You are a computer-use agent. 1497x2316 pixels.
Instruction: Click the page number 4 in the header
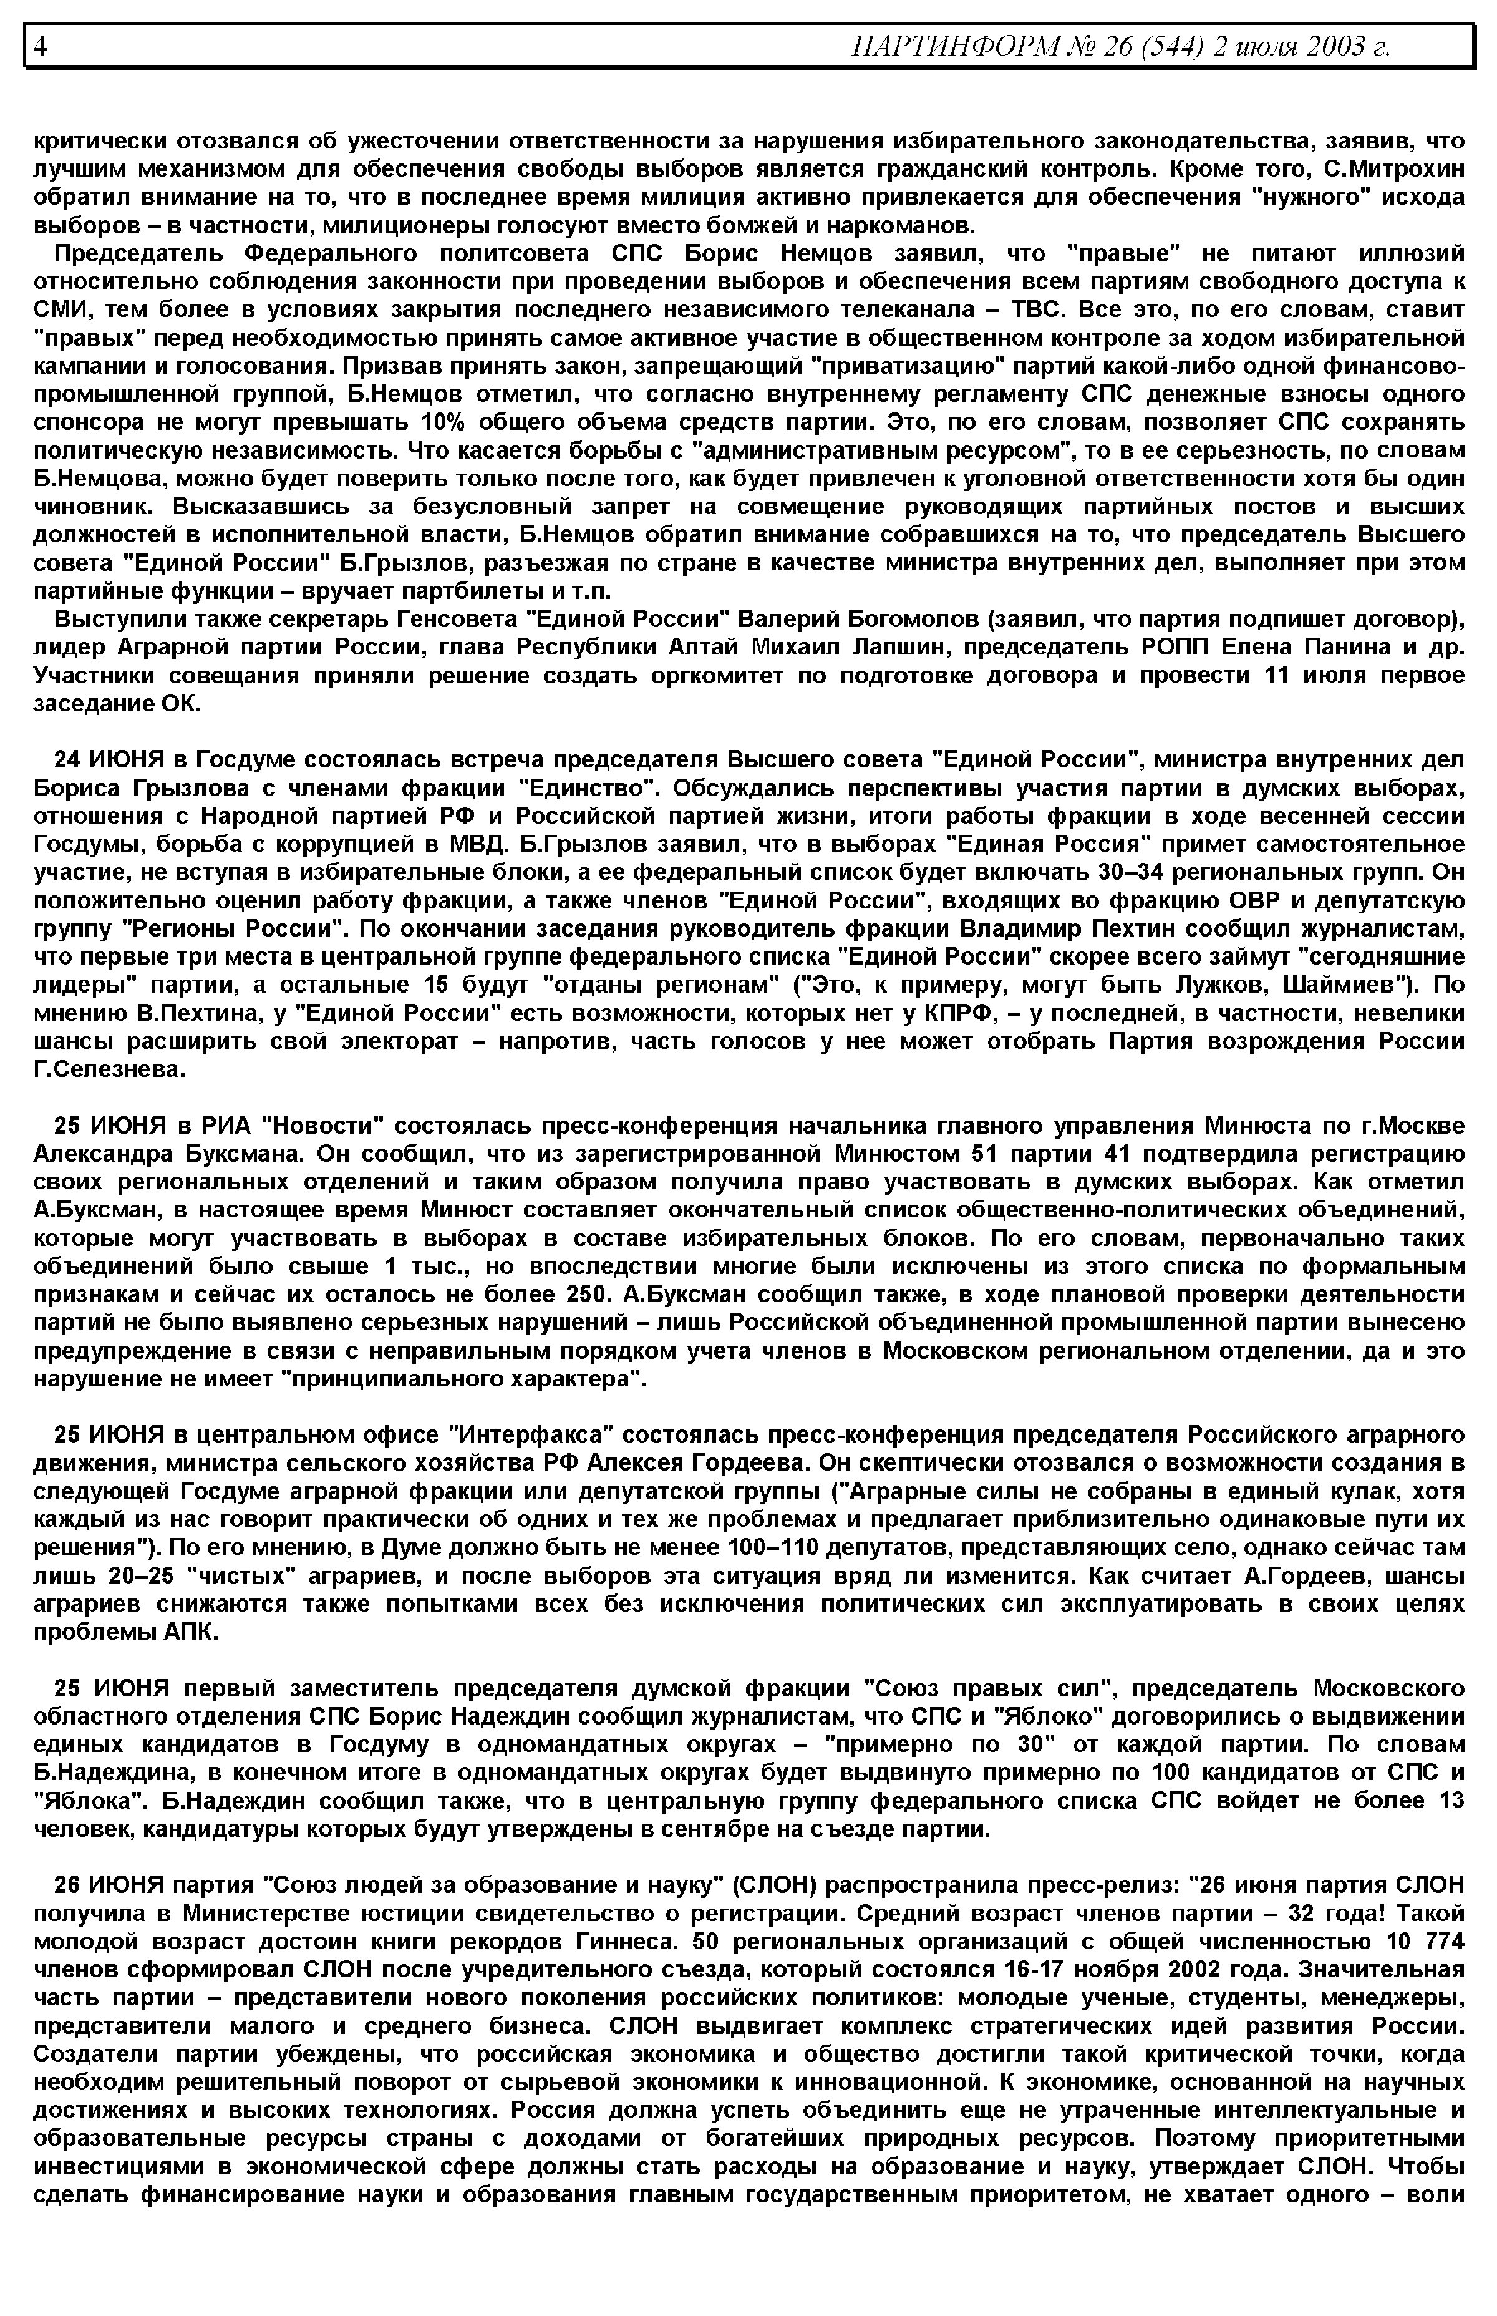41,46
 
